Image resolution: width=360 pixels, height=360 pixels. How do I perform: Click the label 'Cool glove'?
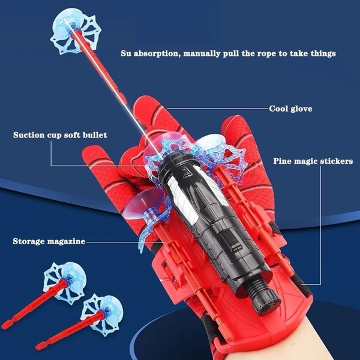(x=290, y=109)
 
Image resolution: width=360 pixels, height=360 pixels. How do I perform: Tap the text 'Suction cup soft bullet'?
(x=60, y=135)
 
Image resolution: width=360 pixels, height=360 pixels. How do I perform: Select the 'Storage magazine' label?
(x=49, y=241)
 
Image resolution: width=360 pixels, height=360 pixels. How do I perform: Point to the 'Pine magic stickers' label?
(x=313, y=161)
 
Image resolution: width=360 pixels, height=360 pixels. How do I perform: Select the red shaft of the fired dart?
(x=101, y=67)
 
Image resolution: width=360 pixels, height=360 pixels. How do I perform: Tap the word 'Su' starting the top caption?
(x=126, y=53)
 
